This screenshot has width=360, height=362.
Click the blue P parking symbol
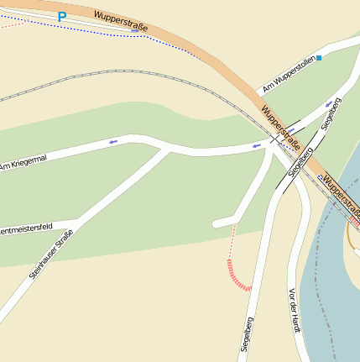62,16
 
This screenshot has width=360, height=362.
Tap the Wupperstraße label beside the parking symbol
121,21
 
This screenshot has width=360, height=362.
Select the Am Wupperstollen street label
288,75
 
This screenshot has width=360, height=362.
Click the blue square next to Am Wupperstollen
319,58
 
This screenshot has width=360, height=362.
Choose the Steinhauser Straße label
50,254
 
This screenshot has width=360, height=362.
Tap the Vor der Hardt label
294,310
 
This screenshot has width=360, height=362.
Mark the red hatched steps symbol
237,276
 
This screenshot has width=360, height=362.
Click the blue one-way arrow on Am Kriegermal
112,142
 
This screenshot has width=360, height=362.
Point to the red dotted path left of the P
10,24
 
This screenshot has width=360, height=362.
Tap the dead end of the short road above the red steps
217,223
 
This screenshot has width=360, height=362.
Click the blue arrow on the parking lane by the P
134,31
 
